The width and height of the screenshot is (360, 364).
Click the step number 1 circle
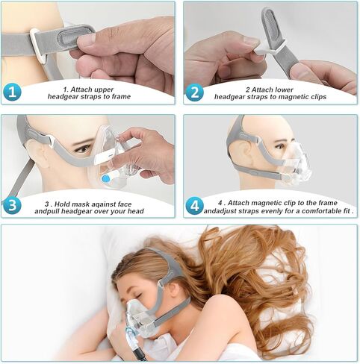pos(13,92)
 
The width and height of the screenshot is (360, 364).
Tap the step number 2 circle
pos(195,92)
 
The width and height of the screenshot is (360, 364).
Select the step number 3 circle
pos(13,204)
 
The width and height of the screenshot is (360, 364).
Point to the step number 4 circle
pos(195,204)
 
